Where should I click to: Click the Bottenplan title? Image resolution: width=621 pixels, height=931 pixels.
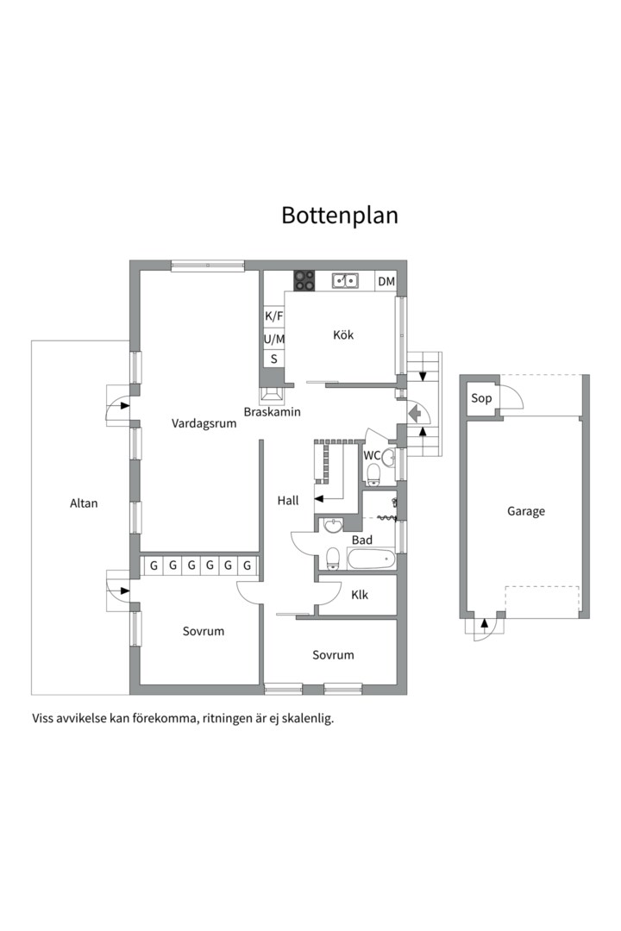click(339, 215)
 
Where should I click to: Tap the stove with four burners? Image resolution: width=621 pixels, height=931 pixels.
click(304, 280)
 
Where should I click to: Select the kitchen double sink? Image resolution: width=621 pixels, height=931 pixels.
click(345, 280)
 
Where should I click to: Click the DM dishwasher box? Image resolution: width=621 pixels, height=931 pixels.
click(386, 281)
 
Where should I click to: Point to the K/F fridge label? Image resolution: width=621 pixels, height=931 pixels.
click(274, 316)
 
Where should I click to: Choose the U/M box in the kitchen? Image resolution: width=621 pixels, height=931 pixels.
click(274, 339)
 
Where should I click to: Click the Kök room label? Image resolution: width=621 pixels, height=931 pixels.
click(343, 334)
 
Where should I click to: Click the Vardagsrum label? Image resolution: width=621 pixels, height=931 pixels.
click(204, 423)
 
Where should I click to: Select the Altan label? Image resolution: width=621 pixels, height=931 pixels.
click(84, 503)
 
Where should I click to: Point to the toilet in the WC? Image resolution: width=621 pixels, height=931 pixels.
click(373, 474)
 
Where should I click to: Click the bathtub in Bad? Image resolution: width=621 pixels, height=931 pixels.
click(371, 559)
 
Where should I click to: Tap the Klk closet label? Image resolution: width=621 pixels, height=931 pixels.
click(360, 595)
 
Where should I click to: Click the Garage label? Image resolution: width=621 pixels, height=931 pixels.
click(526, 511)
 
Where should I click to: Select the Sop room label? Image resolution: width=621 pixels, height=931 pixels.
click(481, 397)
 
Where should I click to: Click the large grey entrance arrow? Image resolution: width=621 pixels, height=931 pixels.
click(415, 411)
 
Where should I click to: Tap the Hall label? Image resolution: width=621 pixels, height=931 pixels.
click(288, 501)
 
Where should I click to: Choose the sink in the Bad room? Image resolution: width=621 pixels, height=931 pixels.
click(334, 526)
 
